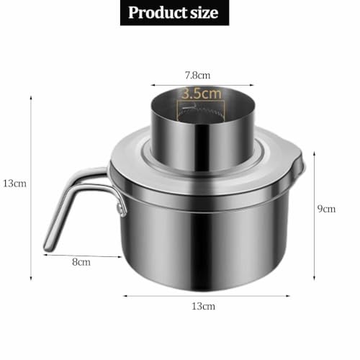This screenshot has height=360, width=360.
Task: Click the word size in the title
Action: point(204,12)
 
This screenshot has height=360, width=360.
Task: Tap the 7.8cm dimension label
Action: point(197,76)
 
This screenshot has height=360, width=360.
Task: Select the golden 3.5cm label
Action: point(202,94)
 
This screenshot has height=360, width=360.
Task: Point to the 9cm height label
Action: point(326,209)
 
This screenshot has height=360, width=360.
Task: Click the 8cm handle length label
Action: point(81,262)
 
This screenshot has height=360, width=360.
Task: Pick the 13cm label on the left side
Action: point(14,184)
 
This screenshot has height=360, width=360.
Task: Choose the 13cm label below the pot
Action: point(203,307)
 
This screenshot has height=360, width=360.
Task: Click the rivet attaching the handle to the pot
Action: point(119,208)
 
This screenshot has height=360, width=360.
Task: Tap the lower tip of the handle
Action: point(48,248)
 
